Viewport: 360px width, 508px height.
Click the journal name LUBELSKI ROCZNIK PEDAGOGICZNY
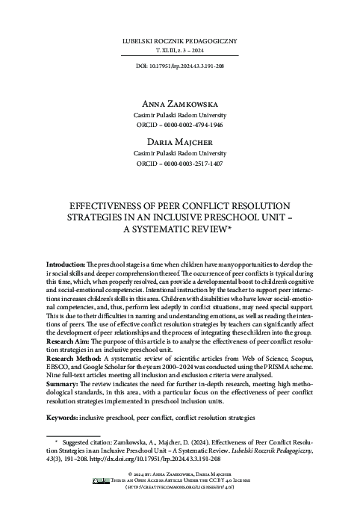[179, 35]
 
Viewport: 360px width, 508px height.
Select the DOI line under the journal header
[179, 66]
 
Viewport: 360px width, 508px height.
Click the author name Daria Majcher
[179, 139]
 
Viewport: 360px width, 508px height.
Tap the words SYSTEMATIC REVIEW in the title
[186, 229]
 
